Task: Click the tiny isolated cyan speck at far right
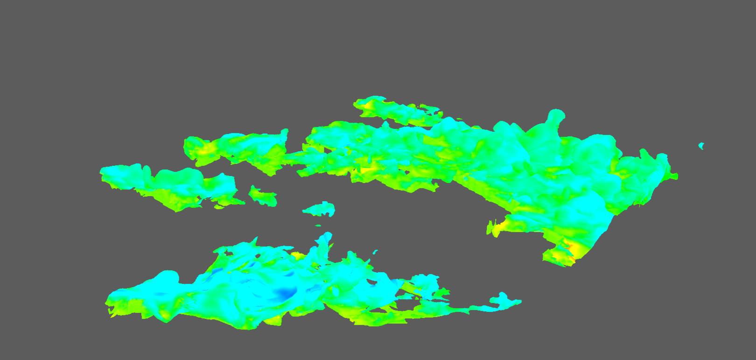pyautogui.click(x=701, y=146)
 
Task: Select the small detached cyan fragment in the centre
pyautogui.click(x=319, y=209)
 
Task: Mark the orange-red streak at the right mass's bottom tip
pyautogui.click(x=572, y=258)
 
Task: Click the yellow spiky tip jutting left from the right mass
pyautogui.click(x=492, y=228)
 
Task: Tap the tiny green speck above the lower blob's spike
pyautogui.click(x=319, y=226)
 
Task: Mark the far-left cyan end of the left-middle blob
pyautogui.click(x=104, y=171)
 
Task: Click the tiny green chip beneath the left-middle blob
pyautogui.click(x=218, y=207)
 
